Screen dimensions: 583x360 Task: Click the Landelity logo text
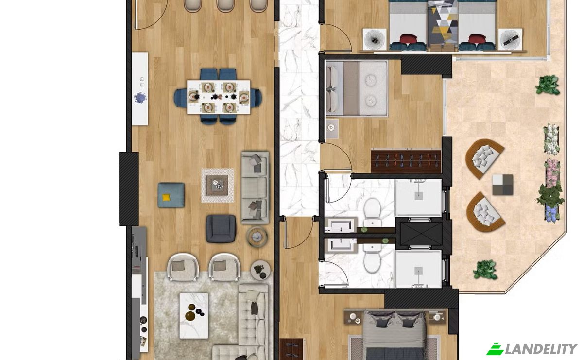pyautogui.click(x=541, y=349)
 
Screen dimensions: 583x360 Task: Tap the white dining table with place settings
pyautogui.click(x=219, y=97)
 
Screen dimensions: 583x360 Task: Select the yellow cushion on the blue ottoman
pyautogui.click(x=166, y=197)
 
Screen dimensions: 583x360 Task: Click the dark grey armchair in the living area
pyautogui.click(x=221, y=229)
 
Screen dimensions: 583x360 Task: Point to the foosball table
pyautogui.click(x=406, y=161)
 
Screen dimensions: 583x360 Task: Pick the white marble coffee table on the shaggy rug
pyautogui.click(x=194, y=316)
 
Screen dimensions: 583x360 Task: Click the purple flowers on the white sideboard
pyautogui.click(x=140, y=99)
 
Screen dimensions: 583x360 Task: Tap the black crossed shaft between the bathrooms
pyautogui.click(x=421, y=234)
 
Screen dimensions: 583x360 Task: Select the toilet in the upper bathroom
pyautogui.click(x=373, y=212)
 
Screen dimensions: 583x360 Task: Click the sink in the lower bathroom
pyautogui.click(x=341, y=245)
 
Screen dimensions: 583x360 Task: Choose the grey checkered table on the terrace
pyautogui.click(x=502, y=185)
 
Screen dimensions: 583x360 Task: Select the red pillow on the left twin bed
pyautogui.click(x=409, y=39)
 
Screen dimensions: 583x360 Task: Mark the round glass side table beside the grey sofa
pyautogui.click(x=257, y=237)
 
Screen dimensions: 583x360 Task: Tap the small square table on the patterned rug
pyautogui.click(x=217, y=185)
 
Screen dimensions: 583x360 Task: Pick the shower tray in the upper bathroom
pyautogui.click(x=418, y=197)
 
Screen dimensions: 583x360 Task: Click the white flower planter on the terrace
pyautogui.click(x=551, y=139)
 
